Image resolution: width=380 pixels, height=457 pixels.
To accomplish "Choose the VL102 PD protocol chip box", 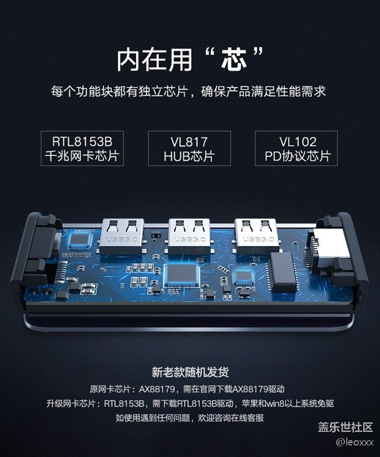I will [296, 148].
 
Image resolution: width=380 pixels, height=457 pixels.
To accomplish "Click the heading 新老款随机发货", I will [189, 372].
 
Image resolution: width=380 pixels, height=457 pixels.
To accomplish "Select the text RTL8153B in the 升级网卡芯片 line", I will [126, 403].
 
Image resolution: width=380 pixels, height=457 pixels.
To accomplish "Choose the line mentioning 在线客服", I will [189, 418].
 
